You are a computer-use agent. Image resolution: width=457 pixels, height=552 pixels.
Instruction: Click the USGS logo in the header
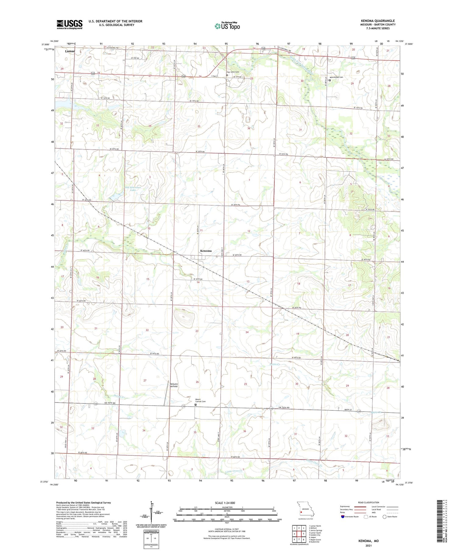click(x=69, y=24)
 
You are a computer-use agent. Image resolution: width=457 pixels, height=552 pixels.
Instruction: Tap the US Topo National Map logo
click(x=227, y=26)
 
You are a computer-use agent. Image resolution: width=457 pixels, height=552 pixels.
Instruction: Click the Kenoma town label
click(x=206, y=251)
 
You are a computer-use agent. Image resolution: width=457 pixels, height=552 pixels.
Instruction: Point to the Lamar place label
click(x=70, y=51)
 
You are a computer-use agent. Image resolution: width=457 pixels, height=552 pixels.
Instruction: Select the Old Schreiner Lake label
click(x=133, y=188)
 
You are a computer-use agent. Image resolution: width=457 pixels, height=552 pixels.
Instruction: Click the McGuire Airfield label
click(x=173, y=385)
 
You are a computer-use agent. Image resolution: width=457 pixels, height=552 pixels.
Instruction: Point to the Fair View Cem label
click(x=232, y=72)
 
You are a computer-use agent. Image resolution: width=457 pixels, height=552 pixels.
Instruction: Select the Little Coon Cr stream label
click(x=234, y=471)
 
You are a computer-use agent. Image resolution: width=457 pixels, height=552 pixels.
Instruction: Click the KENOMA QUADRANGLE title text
click(x=378, y=21)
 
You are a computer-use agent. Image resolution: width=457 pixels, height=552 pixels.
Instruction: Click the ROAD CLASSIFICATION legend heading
click(x=369, y=502)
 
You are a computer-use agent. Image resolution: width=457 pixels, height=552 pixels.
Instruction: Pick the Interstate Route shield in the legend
click(x=343, y=517)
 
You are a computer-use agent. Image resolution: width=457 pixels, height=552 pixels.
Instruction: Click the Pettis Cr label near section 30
click(x=275, y=364)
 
